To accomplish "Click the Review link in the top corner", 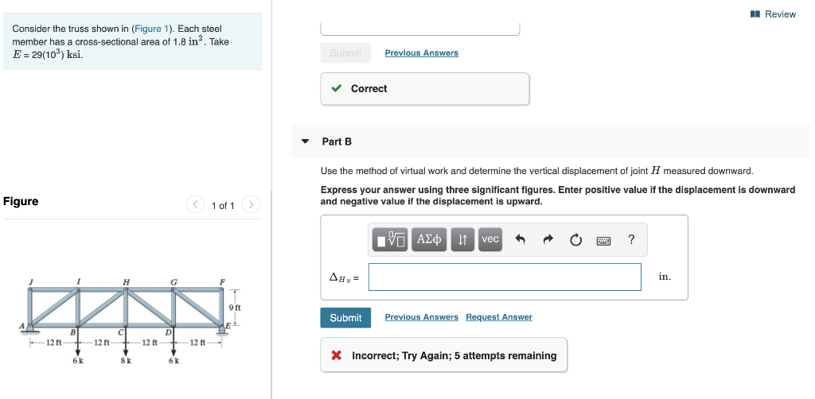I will click(774, 14).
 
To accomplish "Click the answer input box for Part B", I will click(505, 277).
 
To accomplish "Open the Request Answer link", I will click(499, 317).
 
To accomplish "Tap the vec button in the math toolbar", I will click(490, 239).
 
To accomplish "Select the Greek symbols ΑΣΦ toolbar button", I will click(430, 239).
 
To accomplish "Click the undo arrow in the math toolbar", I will click(521, 239).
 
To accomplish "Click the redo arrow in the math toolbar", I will click(548, 239).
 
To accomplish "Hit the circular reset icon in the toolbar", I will click(576, 239).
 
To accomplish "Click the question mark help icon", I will click(631, 239).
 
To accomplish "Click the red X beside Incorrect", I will click(337, 356).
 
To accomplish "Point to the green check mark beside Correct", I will click(337, 89).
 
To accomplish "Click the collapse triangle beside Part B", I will click(305, 141).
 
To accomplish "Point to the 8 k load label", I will click(125, 360).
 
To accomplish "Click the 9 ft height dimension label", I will click(234, 307).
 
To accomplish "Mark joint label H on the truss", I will click(126, 281).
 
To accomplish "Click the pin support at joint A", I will click(29, 327).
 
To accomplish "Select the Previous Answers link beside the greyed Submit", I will click(421, 53).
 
